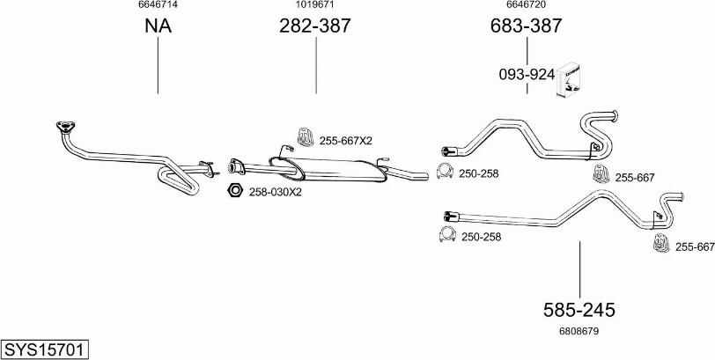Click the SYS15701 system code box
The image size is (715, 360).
coord(45,350)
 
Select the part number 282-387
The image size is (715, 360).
coord(315,26)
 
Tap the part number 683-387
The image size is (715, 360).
coord(527,26)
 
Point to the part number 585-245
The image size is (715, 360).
coord(579,310)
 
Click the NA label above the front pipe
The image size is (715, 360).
coord(158,26)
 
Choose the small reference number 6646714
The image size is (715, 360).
coord(158,4)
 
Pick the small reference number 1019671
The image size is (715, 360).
coord(315,4)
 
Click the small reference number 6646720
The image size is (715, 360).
coord(527,4)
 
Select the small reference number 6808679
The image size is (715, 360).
coord(579,331)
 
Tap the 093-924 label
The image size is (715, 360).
coord(527,74)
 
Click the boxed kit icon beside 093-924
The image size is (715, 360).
coord(568,79)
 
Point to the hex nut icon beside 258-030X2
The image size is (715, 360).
coord(235,190)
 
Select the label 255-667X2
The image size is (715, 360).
coord(346,141)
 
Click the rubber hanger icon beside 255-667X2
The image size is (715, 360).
coord(305,137)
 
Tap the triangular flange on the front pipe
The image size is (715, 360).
coord(66,127)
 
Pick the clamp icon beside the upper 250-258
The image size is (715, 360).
coord(445,171)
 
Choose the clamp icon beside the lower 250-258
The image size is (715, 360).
coord(448,234)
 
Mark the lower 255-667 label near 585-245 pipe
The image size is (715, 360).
coord(695,246)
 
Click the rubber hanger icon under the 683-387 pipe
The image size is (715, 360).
coord(601,174)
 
